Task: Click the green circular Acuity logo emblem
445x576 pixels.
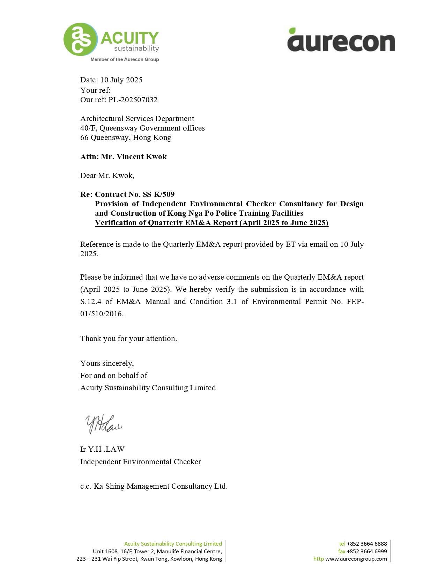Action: tap(80, 39)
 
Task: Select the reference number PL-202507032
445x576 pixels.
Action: tap(133, 100)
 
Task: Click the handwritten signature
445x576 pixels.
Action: tap(103, 424)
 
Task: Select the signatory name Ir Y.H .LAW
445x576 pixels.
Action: tap(102, 449)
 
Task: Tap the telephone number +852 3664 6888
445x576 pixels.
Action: tap(366, 544)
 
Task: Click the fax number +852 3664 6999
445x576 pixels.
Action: tap(366, 551)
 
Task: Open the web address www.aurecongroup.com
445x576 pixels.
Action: tap(356, 559)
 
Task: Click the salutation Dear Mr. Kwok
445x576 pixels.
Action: tap(107, 176)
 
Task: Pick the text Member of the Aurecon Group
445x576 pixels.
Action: tap(125, 59)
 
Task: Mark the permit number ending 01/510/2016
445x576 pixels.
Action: tap(102, 314)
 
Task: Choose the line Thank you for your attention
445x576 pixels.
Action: tap(128, 339)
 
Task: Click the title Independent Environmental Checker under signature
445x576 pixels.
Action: tap(140, 462)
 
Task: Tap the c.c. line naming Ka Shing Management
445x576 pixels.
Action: tap(154, 486)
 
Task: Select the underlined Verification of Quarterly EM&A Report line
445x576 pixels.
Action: tap(212, 223)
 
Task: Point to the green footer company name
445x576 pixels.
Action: tap(173, 544)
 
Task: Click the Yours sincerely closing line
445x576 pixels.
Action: tap(107, 363)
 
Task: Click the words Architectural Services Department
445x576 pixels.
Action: tap(137, 119)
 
